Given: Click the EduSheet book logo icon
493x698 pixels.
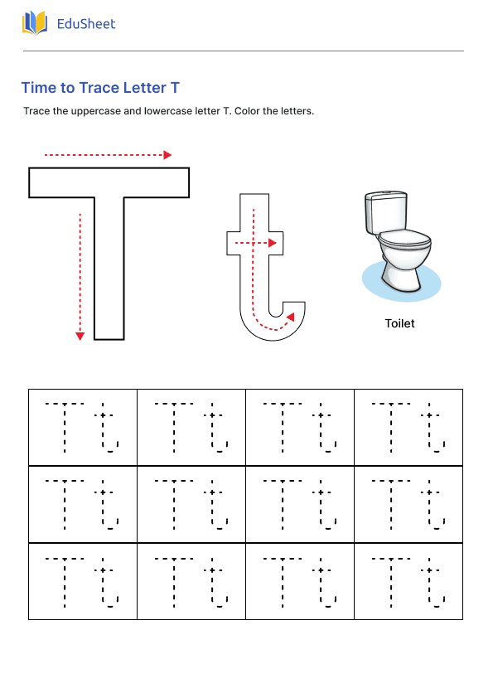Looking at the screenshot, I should coord(35,23).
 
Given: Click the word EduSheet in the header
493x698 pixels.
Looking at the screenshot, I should coord(86,24).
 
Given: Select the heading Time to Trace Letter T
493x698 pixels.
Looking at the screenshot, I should coord(100,88).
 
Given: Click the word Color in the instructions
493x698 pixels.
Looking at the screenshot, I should coord(249,111).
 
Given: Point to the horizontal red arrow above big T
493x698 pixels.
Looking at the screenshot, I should coord(108,155).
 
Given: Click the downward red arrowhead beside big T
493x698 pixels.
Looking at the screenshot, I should coord(80,336).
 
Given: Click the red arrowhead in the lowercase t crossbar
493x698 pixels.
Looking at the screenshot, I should coord(273,243).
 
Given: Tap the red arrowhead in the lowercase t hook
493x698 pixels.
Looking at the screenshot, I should coord(289,317).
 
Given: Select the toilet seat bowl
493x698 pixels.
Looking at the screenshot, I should coord(404,245).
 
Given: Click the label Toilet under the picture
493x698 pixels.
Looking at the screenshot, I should coord(399,323).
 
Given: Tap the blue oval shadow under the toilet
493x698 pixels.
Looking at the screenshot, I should coord(373,282).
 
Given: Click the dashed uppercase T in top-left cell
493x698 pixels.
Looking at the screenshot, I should coord(65,426).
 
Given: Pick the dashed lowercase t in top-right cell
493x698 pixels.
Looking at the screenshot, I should coord(433,429).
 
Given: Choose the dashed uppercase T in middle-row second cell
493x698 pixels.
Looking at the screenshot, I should coord(173,504).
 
